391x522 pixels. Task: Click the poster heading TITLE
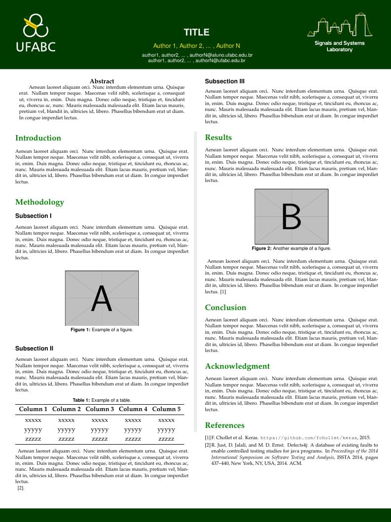click(196, 33)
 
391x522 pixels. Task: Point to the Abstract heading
click(102, 81)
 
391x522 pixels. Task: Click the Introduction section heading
click(38, 138)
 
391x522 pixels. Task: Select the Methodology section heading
click(40, 202)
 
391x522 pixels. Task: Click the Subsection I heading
click(33, 216)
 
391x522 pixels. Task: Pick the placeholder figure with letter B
click(291, 216)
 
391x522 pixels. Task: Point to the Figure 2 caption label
click(261, 248)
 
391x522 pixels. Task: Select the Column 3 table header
click(99, 409)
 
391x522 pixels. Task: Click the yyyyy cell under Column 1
click(33, 430)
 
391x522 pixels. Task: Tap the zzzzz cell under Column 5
click(166, 439)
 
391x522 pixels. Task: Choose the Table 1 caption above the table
click(101, 400)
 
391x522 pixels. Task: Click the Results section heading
click(218, 138)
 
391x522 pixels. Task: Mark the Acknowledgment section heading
click(237, 366)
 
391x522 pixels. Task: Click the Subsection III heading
click(225, 81)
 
